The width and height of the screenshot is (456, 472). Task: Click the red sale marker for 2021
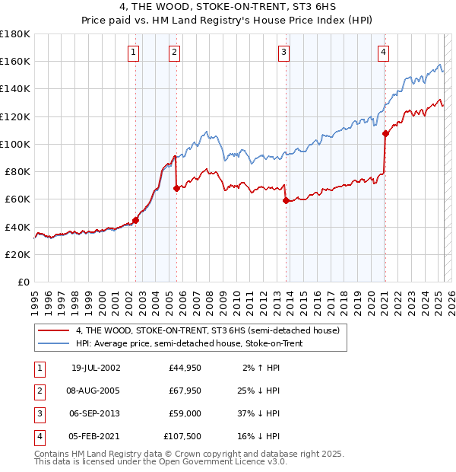(385, 133)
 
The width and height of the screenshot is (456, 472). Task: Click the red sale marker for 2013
(286, 201)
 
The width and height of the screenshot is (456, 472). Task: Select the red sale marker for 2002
(135, 220)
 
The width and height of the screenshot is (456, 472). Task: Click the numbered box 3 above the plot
(283, 53)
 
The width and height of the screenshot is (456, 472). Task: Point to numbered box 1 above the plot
(133, 53)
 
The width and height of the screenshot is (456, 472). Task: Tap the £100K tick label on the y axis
(15, 144)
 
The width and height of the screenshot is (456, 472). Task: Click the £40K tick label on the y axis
(17, 227)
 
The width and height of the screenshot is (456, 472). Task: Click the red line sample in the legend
(54, 330)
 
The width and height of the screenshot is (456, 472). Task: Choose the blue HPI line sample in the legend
(54, 343)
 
